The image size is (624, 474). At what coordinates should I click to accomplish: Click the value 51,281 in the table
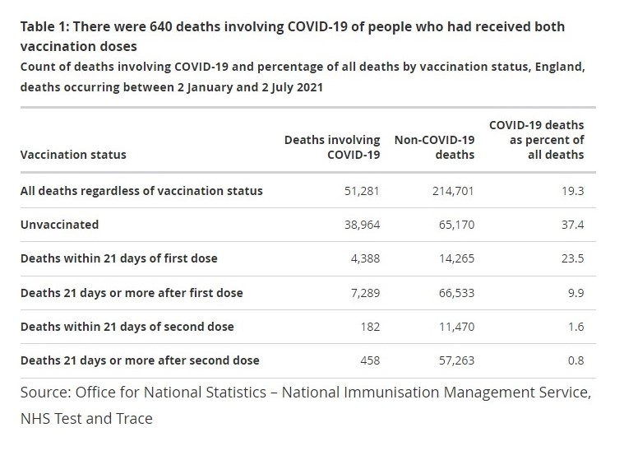(362, 191)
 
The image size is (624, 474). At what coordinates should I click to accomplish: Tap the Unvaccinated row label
(59, 225)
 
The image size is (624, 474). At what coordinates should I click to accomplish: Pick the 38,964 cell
(362, 225)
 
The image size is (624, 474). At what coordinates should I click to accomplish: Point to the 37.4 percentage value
(572, 225)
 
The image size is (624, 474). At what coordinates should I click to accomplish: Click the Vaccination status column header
(73, 155)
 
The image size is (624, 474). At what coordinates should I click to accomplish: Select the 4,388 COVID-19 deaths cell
(365, 258)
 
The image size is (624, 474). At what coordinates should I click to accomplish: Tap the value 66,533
(453, 293)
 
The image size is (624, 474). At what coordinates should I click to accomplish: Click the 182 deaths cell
(370, 327)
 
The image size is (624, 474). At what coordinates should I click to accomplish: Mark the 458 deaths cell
(370, 360)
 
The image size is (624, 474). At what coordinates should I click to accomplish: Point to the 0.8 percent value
(575, 360)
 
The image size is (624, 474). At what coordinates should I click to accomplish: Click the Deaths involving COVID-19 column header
(332, 147)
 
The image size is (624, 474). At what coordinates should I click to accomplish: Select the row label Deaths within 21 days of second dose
(127, 327)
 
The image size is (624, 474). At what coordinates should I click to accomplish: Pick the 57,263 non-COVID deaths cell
(453, 360)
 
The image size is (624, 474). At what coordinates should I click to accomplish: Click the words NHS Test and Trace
(86, 419)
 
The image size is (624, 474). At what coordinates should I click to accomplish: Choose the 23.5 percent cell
(572, 258)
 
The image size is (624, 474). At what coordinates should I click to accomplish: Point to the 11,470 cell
(453, 327)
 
